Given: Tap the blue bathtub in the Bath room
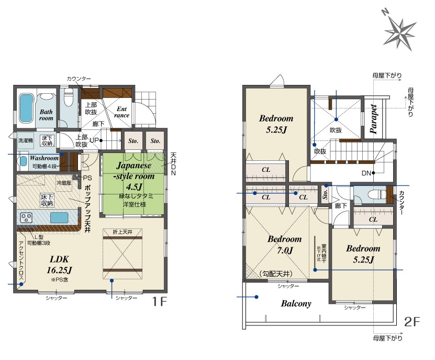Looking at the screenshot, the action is pyautogui.click(x=26, y=108).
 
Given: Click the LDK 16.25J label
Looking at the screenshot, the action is pyautogui.click(x=60, y=265).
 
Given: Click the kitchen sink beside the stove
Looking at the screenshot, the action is pyautogui.click(x=59, y=218).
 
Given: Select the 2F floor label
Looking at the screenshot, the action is pyautogui.click(x=412, y=322).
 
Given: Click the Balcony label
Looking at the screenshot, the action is pyautogui.click(x=296, y=303).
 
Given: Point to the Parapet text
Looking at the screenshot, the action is pyautogui.click(x=373, y=119).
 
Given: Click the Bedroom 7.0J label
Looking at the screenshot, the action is pyautogui.click(x=285, y=244).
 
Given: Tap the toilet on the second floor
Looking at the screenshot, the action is pyautogui.click(x=373, y=194).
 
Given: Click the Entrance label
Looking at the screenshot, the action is pyautogui.click(x=122, y=112).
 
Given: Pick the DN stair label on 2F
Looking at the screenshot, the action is pyautogui.click(x=366, y=173).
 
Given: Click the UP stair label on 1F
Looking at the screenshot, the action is pyautogui.click(x=94, y=140).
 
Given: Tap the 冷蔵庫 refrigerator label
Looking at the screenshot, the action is pyautogui.click(x=64, y=183).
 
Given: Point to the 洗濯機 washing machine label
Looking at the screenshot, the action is pyautogui.click(x=26, y=140).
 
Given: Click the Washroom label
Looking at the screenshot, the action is pyautogui.click(x=44, y=158).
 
